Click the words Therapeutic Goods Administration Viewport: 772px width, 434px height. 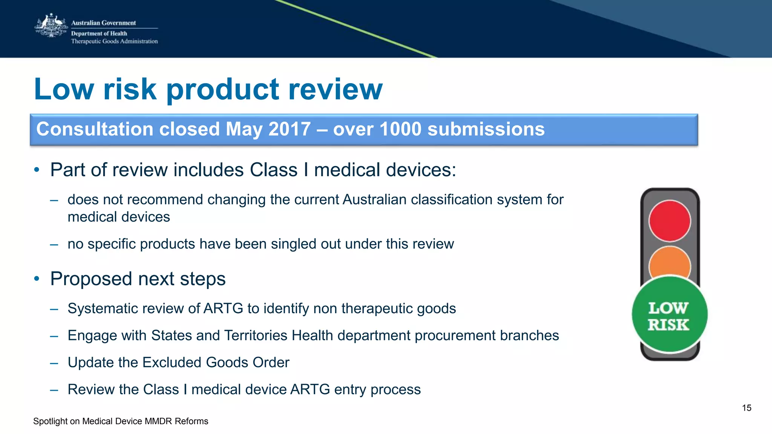114,41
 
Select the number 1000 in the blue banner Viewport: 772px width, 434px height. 400,129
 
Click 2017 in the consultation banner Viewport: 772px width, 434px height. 289,129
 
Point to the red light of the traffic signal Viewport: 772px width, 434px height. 669,221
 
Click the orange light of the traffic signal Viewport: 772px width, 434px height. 669,262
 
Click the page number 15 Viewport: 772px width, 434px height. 746,408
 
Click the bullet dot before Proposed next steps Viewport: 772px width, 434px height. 37,279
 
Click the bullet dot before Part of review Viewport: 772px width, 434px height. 37,170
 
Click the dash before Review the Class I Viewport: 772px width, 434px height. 54,390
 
